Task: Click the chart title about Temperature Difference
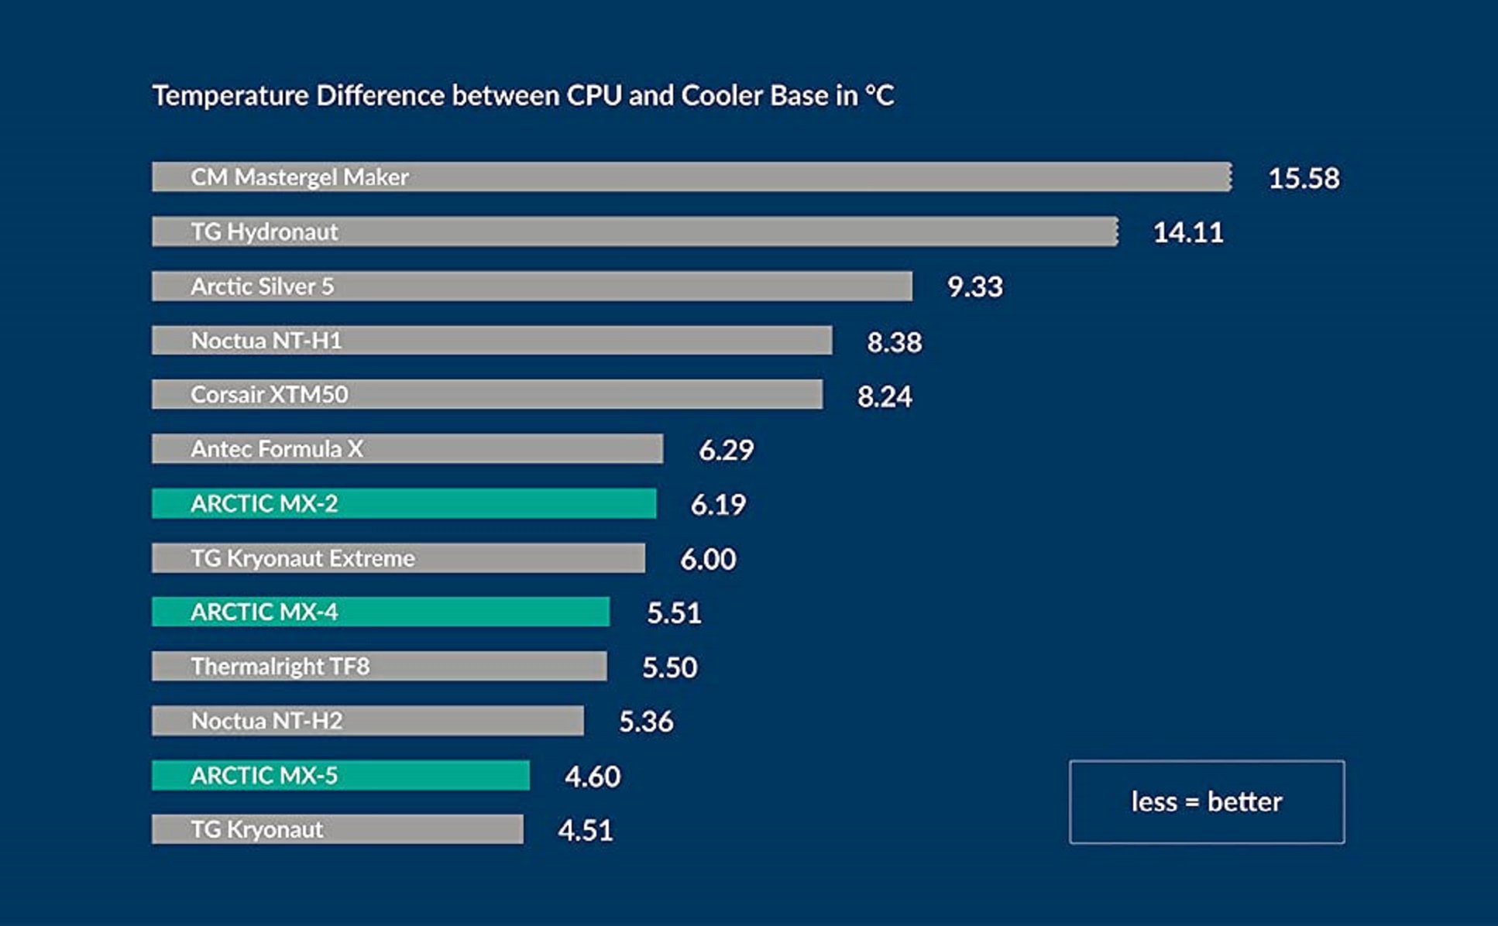[x=523, y=96]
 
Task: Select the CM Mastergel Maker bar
[x=691, y=177]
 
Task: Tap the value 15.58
[x=1303, y=178]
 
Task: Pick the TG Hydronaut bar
[x=634, y=231]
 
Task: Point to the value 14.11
[x=1187, y=232]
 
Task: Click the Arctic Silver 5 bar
[x=531, y=286]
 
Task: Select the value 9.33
[x=974, y=287]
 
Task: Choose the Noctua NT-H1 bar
[x=492, y=341]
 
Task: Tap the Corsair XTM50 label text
[x=269, y=395]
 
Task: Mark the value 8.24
[x=884, y=396]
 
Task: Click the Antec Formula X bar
[x=407, y=449]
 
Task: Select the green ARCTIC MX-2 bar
[x=404, y=503]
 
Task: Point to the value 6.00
[x=707, y=559]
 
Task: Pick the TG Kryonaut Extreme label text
[x=303, y=558]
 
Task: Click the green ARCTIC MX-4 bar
[x=380, y=612]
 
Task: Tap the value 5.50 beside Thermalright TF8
[x=669, y=667]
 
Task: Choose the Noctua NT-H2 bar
[x=368, y=721]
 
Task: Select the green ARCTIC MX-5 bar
[x=341, y=775]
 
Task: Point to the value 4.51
[x=585, y=831]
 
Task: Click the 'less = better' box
[x=1206, y=801]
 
